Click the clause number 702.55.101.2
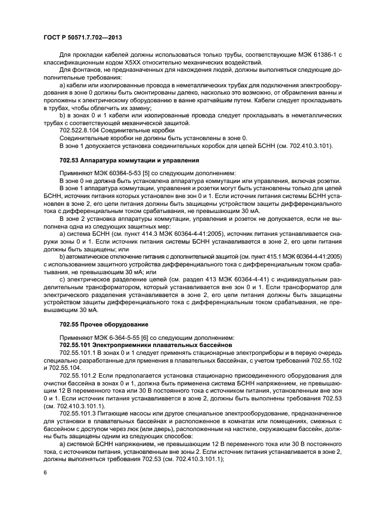(x=79, y=375)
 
